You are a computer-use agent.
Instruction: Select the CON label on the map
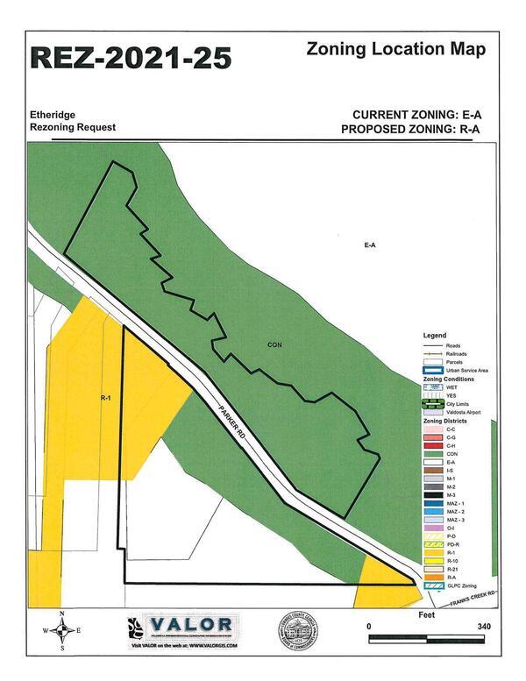click(274, 345)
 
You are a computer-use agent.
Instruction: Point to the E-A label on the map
click(370, 245)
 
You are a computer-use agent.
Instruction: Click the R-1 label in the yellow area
click(104, 398)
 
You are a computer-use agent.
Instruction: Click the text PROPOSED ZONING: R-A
click(415, 130)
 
